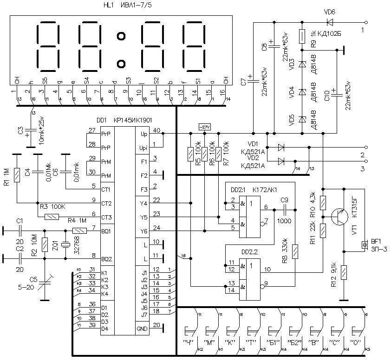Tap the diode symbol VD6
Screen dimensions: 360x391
click(330, 22)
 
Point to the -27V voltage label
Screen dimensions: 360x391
click(204, 127)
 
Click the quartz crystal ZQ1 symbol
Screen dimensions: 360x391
click(65, 244)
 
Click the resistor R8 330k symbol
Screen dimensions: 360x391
click(296, 251)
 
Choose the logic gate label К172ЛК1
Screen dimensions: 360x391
click(264, 190)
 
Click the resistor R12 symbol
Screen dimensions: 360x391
click(343, 272)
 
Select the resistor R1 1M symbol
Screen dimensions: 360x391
click(17, 174)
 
